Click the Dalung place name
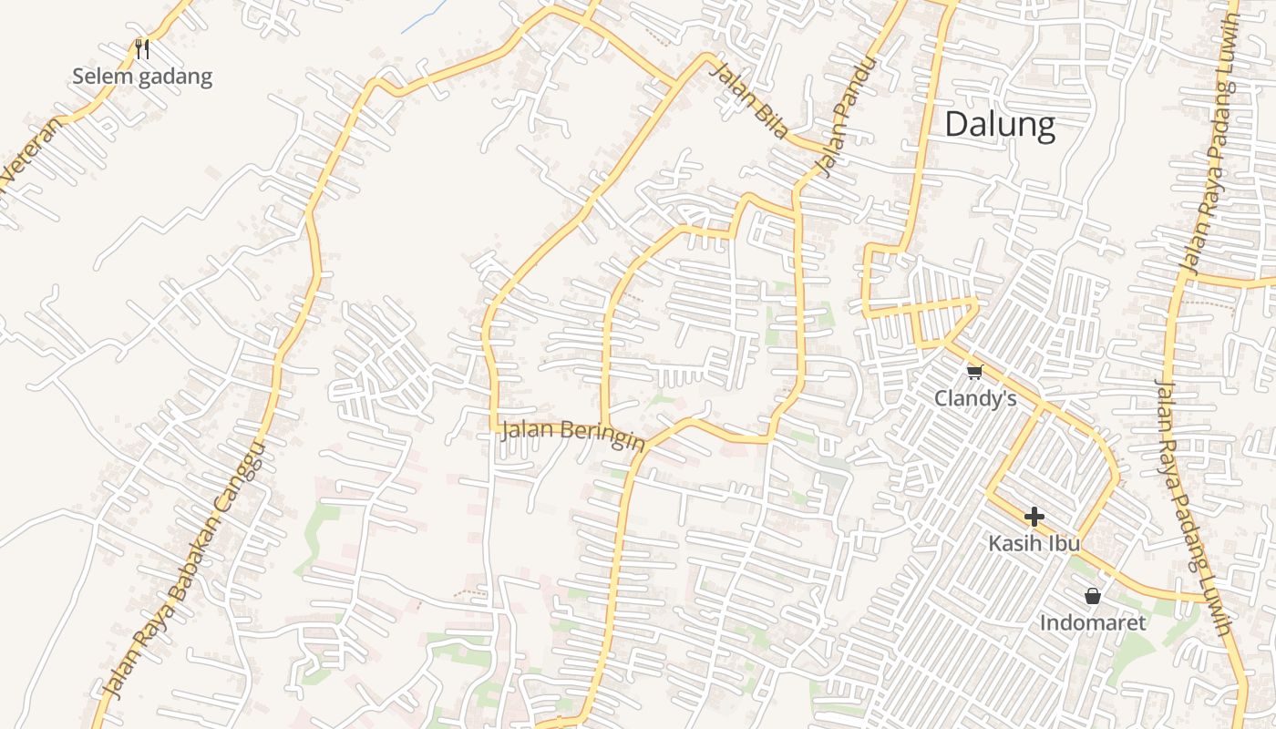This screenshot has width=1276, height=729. pos(1000,124)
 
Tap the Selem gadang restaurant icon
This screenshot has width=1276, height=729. pos(141,48)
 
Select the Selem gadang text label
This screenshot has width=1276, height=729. pos(142,77)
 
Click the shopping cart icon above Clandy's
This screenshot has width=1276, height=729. pos(974,372)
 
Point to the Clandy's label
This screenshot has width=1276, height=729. pos(975,398)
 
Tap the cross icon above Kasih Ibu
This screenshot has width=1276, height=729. pos(1034,517)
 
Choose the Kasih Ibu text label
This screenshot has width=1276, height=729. pos(1034,543)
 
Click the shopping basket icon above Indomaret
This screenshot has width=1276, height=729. pos(1093,597)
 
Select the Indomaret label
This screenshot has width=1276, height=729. pos(1093,623)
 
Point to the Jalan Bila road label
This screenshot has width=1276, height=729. pos(751,101)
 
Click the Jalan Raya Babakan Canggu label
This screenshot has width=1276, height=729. pos(187,570)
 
